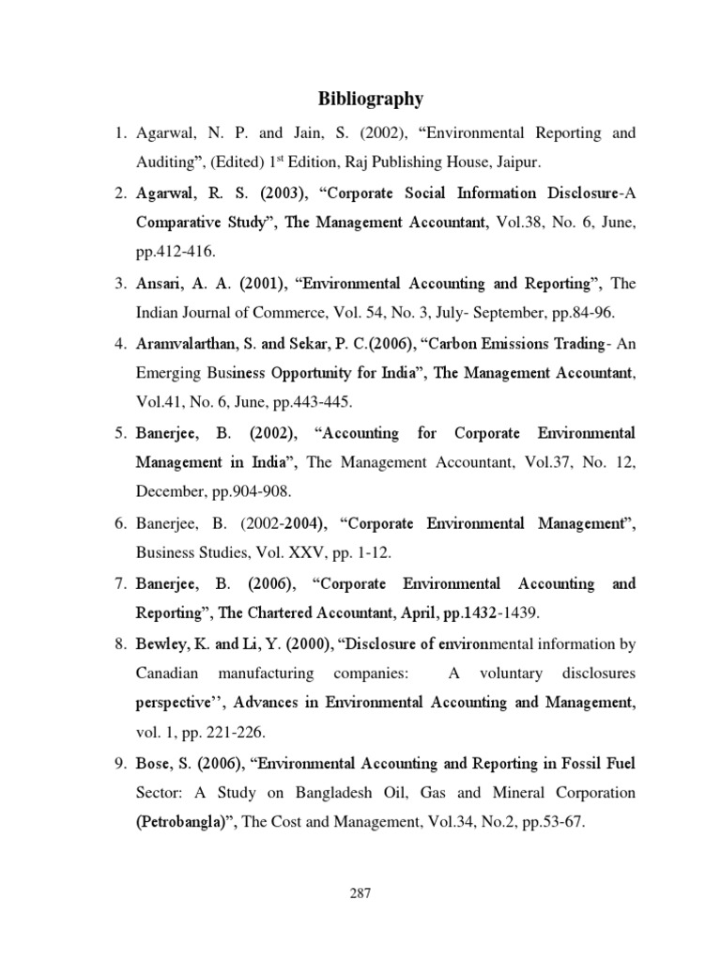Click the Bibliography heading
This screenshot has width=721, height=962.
click(x=371, y=99)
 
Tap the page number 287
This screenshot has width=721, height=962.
click(x=360, y=893)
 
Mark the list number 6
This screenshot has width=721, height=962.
click(x=120, y=523)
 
